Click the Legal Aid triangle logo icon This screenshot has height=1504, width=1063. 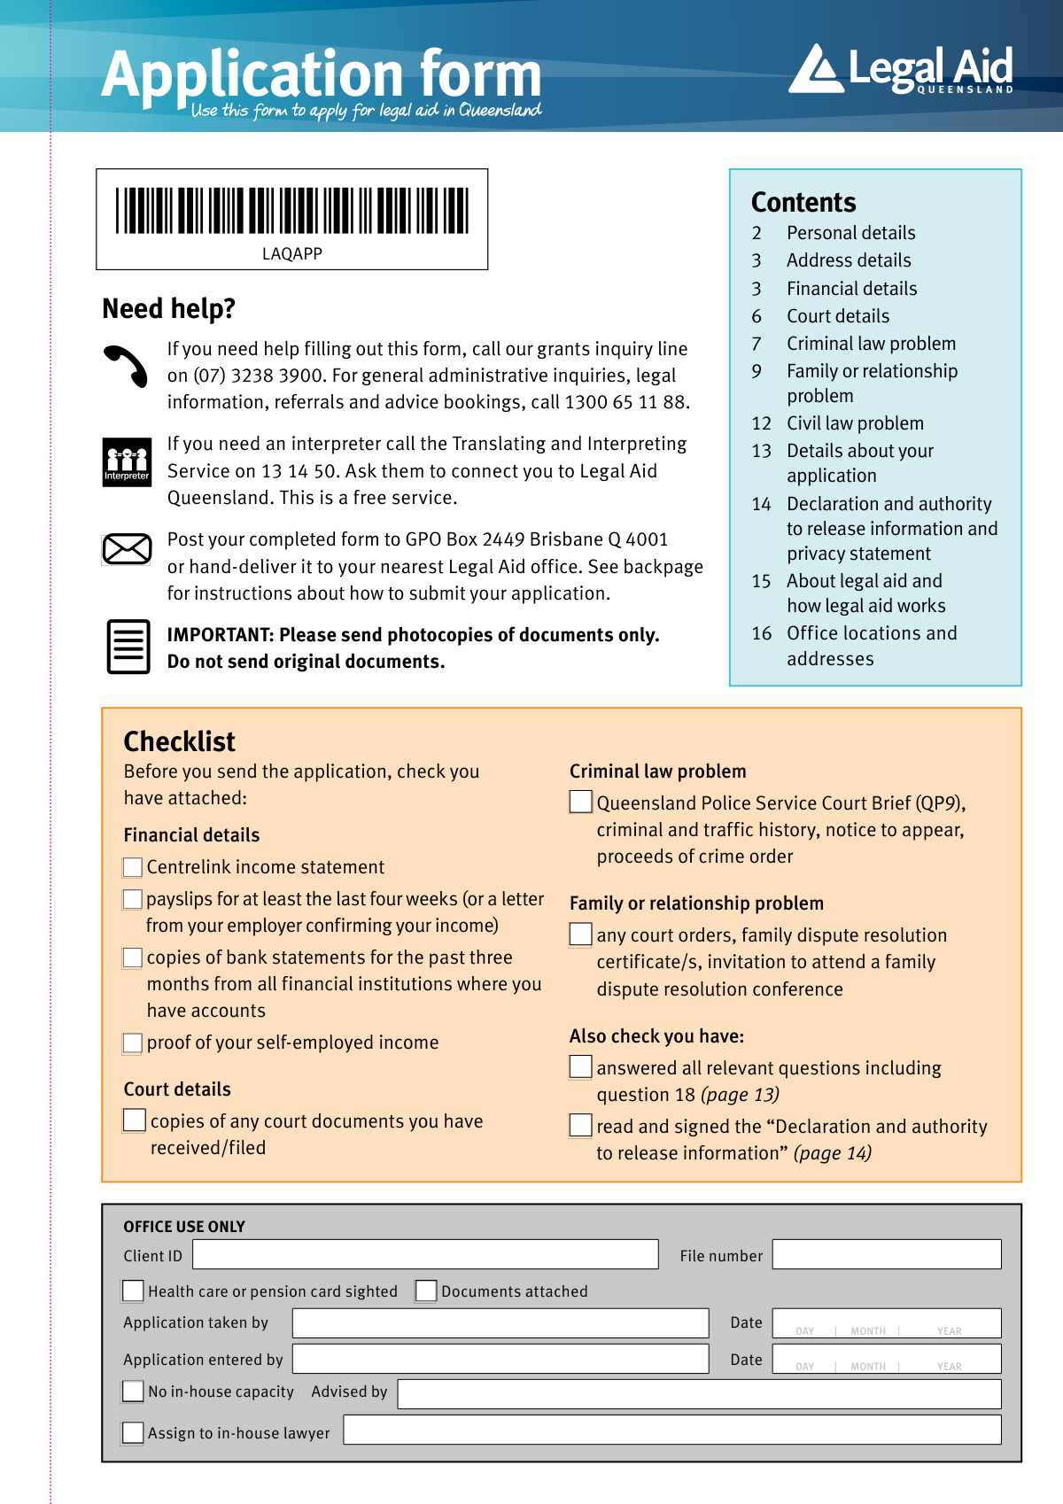click(815, 70)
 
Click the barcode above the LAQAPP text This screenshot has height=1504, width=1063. click(292, 210)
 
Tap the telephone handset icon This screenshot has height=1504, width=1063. click(127, 365)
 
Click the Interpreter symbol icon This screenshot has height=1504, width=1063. click(127, 461)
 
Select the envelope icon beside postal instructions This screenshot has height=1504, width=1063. click(127, 549)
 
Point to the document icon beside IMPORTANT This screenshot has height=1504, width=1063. click(128, 647)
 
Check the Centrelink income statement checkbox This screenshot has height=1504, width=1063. click(133, 867)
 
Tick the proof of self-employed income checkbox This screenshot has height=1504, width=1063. click(133, 1043)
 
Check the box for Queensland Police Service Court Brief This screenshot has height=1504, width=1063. click(580, 802)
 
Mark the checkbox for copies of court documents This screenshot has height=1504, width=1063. click(135, 1120)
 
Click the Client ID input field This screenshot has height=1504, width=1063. click(425, 1254)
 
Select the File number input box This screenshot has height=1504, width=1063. click(886, 1254)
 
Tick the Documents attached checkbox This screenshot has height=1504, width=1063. click(426, 1291)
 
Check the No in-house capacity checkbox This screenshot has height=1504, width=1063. click(133, 1392)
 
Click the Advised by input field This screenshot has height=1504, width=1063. click(699, 1393)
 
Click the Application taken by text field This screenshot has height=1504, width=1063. click(500, 1322)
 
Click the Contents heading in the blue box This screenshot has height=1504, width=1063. click(803, 203)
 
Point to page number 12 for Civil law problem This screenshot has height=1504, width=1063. click(761, 423)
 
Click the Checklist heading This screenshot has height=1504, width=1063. click(180, 741)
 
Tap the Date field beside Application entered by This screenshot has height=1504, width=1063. click(886, 1359)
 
